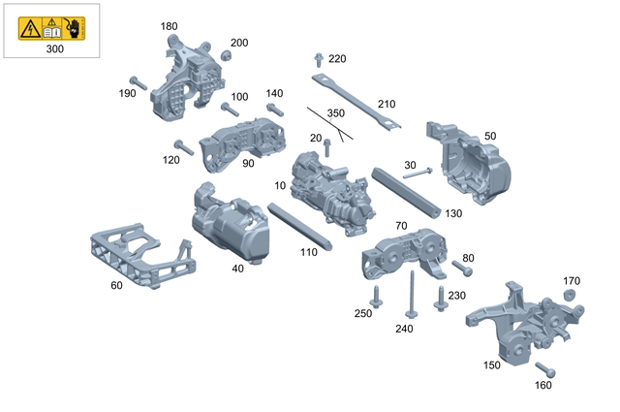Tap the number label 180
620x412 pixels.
pyautogui.click(x=169, y=26)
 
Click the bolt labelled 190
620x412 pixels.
pyautogui.click(x=138, y=83)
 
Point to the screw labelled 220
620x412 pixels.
pyautogui.click(x=320, y=63)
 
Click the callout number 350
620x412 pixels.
pyautogui.click(x=335, y=113)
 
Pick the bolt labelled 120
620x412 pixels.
pyautogui.click(x=184, y=147)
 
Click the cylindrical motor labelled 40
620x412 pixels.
pyautogui.click(x=229, y=226)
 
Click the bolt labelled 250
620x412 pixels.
pyautogui.click(x=377, y=296)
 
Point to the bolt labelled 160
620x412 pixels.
pyautogui.click(x=545, y=369)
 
